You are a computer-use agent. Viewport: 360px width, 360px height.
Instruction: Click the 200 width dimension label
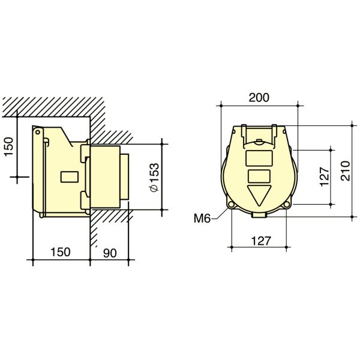coord(259,97)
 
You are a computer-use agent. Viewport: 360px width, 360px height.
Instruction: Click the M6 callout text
coord(202,219)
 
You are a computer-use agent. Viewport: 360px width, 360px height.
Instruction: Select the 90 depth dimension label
coord(109,253)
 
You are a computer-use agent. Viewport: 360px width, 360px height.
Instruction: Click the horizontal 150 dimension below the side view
coord(60,253)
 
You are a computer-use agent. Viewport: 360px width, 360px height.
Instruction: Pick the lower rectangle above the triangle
coord(259,176)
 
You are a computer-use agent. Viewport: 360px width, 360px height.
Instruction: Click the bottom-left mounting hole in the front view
coord(231,205)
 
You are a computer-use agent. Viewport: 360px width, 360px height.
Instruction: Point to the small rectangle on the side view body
coord(68,178)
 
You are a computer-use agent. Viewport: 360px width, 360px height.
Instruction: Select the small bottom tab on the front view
coord(259,212)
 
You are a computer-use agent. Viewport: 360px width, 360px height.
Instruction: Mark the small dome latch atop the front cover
coord(259,143)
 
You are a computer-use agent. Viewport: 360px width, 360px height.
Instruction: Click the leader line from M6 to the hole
coord(219,214)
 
